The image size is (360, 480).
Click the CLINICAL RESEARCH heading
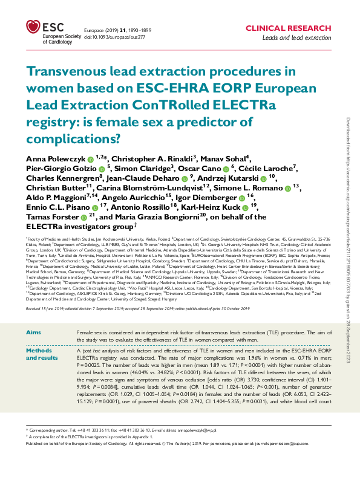tap(289, 28)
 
